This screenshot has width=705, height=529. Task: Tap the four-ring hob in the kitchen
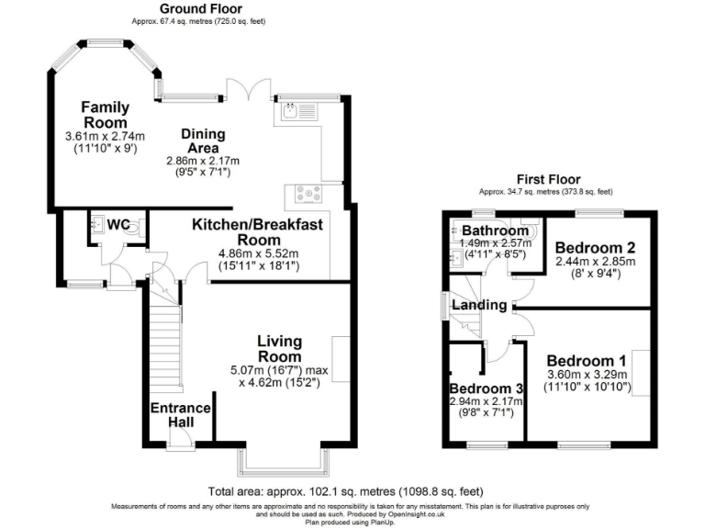coord(307,194)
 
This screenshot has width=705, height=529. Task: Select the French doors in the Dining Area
coord(249,90)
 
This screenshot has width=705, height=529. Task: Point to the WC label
coord(118,224)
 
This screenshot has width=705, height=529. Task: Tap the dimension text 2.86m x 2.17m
coord(197,160)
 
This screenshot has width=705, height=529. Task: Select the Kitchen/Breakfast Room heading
coord(256,231)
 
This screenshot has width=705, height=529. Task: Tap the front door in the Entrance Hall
coord(176,446)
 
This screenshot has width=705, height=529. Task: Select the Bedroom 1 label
coord(586,360)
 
